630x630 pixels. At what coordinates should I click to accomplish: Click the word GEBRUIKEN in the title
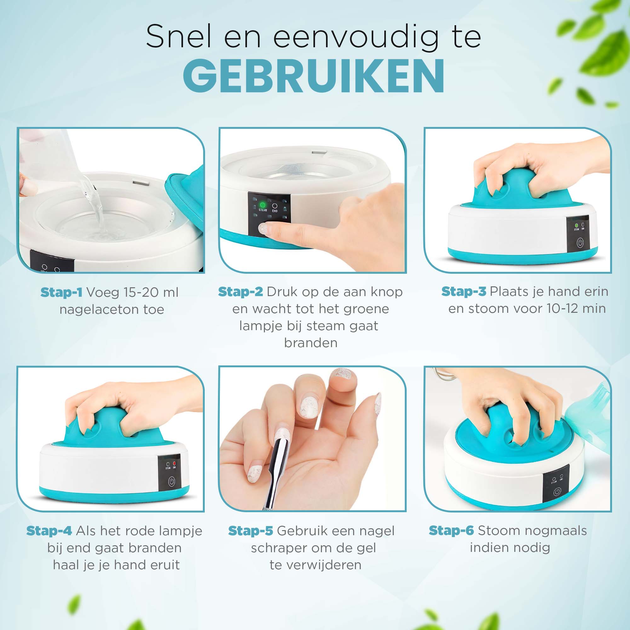coord(314,76)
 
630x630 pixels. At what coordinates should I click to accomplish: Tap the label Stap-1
coord(61,292)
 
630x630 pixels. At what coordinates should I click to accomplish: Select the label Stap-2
coord(240,291)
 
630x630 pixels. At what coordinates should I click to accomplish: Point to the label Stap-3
coord(464,291)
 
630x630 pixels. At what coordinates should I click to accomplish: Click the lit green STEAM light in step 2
coord(262,205)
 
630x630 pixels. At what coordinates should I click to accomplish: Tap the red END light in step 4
coord(175,463)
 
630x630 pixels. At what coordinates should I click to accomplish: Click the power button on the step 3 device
coord(580,243)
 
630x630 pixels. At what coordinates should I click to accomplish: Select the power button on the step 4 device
coord(172,481)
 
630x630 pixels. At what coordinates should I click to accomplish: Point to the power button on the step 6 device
coord(557,492)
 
